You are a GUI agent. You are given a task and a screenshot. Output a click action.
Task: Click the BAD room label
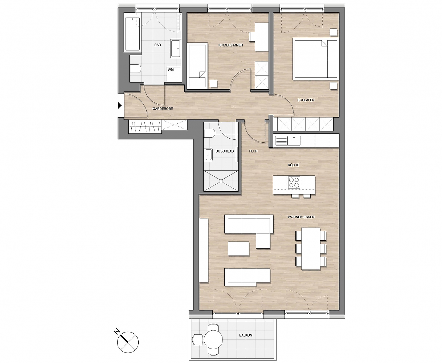pos(157,45)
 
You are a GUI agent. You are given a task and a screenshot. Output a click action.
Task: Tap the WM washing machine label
pos(171,70)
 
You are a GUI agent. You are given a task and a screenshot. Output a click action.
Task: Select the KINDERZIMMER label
pos(230,45)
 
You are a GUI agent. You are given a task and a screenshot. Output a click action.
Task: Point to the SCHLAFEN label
pos(306,100)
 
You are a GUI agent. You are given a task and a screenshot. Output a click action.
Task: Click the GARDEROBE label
pos(163,109)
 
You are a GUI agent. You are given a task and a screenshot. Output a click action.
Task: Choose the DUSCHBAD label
pos(225,151)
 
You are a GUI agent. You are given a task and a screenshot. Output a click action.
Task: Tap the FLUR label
pos(253,151)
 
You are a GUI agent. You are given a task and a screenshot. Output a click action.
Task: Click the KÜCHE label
pos(294,165)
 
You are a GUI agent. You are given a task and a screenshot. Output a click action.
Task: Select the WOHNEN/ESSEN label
pos(301,217)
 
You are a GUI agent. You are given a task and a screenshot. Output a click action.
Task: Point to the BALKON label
pos(246,335)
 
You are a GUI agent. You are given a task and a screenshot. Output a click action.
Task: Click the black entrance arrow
pos(120,105)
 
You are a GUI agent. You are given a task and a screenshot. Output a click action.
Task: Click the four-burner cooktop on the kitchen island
pos(294,183)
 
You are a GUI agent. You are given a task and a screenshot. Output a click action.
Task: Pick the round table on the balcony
pos(213,339)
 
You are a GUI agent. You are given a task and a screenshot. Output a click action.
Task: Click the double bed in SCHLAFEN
pos(316,59)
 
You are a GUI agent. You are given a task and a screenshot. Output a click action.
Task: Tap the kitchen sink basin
pos(294,140)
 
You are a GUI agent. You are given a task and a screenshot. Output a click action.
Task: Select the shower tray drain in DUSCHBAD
pos(221,180)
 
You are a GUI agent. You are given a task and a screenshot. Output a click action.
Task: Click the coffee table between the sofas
pos(238,249)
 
